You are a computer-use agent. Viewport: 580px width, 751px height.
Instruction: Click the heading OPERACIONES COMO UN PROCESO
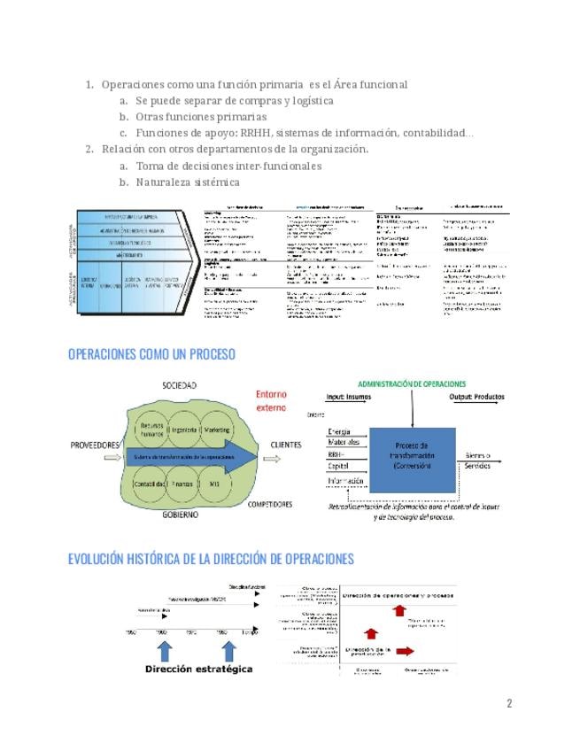pos(151,354)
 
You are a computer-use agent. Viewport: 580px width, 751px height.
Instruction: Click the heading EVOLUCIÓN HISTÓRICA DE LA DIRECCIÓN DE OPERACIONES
pos(211,559)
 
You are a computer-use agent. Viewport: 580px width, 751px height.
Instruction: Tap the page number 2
pos(509,704)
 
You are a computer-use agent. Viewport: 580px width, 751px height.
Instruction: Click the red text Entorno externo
pos(271,401)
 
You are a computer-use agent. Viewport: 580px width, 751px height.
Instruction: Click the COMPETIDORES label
pos(270,505)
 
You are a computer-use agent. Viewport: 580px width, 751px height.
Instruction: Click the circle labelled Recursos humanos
pos(152,430)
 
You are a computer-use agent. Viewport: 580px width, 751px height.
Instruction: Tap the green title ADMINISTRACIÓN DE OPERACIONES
pos(412,383)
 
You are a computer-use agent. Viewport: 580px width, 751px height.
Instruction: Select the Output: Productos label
pos(478,398)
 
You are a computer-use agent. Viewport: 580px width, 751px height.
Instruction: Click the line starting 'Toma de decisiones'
pos(228,166)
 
